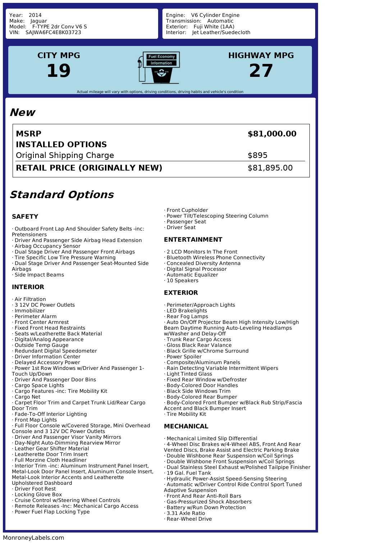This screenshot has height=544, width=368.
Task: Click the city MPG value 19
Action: point(59,71)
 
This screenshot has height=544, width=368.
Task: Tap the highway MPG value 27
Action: point(261,71)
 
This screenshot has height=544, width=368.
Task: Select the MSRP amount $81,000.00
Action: point(272,134)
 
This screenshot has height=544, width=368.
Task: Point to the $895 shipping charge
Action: point(257,155)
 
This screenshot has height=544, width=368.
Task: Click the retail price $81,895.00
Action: point(270,168)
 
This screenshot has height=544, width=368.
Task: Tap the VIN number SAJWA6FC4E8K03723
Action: point(53,32)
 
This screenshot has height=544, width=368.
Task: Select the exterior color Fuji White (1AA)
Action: point(214,27)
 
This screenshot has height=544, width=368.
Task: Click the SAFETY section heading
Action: point(25,217)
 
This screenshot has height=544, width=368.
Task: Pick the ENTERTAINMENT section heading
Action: point(193,240)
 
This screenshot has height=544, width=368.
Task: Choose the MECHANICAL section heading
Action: point(186,426)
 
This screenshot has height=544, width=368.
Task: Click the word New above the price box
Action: point(22,112)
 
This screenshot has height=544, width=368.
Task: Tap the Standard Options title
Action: point(61,195)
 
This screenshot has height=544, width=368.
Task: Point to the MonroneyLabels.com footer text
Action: point(33,538)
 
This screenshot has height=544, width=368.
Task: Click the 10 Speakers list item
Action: point(182,280)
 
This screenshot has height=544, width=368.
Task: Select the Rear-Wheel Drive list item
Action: point(189,519)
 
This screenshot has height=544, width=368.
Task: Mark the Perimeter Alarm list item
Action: point(35,316)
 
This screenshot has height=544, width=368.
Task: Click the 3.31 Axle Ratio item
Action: point(185,513)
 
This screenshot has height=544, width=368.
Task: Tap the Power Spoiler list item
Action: point(184,357)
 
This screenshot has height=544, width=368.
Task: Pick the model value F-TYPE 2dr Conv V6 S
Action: point(59,27)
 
